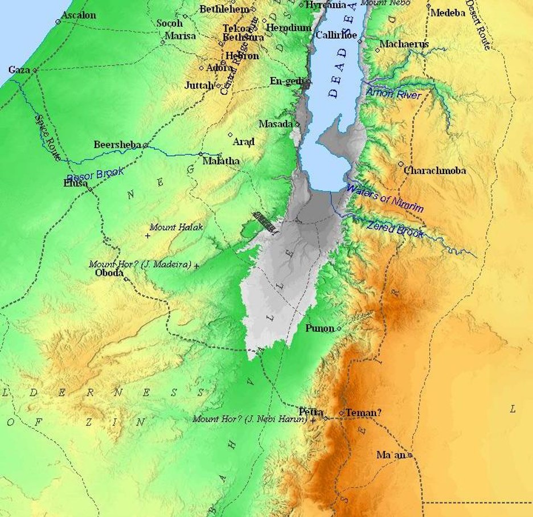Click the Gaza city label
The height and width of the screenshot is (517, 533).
[18, 70]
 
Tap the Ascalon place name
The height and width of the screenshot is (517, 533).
[79, 15]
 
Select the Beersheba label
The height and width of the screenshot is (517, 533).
[117, 145]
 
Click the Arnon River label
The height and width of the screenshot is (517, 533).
[394, 94]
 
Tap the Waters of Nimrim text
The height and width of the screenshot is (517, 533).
[385, 199]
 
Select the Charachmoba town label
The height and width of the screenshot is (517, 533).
[434, 170]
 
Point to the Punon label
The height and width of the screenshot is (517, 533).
[319, 329]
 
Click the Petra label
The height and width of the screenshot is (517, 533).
[311, 412]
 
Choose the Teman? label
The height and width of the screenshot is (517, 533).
[363, 413]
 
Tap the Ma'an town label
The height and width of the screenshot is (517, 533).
[391, 455]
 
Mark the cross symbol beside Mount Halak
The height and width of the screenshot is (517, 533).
[148, 236]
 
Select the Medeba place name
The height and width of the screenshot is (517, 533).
[448, 13]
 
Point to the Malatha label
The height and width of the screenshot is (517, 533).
[221, 161]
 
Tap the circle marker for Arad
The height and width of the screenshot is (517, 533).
[230, 135]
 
